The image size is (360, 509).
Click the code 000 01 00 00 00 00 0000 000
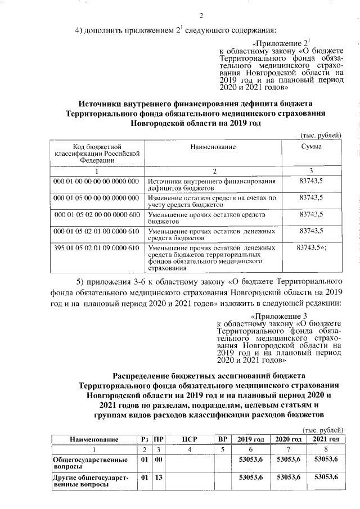[96, 182]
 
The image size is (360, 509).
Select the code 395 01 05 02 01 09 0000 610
[96, 248]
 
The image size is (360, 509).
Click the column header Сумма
[311, 147]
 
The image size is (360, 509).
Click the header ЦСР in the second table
[189, 439]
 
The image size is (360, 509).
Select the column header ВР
[222, 439]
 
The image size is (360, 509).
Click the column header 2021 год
[326, 439]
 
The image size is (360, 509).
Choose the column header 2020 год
[288, 439]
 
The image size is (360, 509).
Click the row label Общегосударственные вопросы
[84, 463]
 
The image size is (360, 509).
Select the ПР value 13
[159, 478]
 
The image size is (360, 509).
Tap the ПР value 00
[159, 460]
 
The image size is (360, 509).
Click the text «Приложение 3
[279, 316]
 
